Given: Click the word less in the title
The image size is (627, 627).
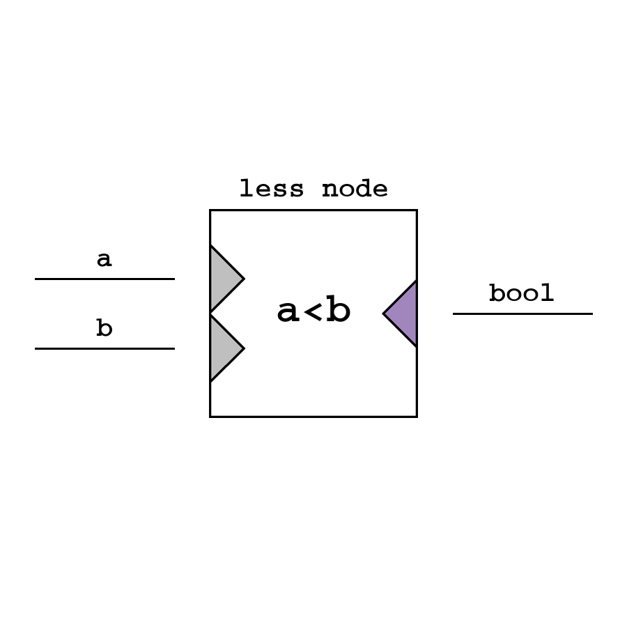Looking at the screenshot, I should (x=272, y=189).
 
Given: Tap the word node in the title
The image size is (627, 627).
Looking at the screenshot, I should (x=355, y=189).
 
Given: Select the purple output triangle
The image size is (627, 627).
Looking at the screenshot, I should (x=405, y=313).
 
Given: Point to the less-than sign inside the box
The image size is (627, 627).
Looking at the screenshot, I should (x=313, y=313).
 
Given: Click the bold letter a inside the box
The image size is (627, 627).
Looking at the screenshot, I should (x=289, y=312).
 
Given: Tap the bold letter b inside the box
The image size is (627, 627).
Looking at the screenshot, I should (x=339, y=311).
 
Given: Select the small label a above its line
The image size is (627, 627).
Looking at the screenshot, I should (x=104, y=259).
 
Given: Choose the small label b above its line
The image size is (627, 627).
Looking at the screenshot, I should (x=104, y=327).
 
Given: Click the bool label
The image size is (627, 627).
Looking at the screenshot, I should (x=521, y=293).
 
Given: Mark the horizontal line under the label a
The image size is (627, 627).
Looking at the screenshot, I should (x=104, y=279).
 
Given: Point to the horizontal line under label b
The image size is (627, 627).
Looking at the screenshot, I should (x=104, y=348).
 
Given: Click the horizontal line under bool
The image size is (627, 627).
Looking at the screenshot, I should (x=522, y=313).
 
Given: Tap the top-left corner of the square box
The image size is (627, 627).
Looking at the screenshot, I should (x=210, y=210).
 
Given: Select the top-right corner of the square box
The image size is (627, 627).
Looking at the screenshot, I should (x=417, y=210).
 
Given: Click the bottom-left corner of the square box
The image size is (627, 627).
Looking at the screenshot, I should (x=210, y=417).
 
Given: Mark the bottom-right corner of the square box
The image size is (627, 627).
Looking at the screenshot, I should (x=417, y=417).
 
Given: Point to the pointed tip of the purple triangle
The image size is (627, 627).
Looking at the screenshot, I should (x=385, y=313).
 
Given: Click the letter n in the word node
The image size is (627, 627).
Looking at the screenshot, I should (x=330, y=189).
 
